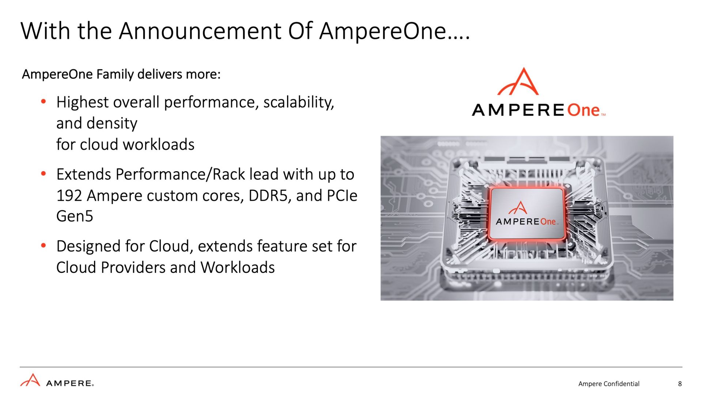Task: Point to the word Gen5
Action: (x=75, y=216)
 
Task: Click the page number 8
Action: (x=680, y=384)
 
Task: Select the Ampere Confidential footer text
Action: (x=609, y=384)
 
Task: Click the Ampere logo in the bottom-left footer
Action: (x=57, y=380)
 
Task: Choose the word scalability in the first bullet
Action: (x=298, y=102)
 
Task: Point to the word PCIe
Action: (x=342, y=196)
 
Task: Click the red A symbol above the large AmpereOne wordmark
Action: (x=518, y=81)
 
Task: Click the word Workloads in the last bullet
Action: (x=237, y=268)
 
